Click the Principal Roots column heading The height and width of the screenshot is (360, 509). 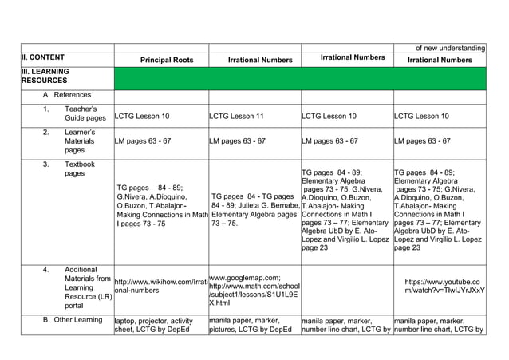point(167,60)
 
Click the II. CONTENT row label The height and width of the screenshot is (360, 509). point(43,58)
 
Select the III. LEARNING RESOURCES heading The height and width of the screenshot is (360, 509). point(45,77)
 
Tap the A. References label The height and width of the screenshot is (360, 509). point(67,95)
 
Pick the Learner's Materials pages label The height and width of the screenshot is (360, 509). point(80,140)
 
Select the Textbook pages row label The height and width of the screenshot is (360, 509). point(79,169)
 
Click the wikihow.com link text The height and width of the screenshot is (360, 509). point(161,287)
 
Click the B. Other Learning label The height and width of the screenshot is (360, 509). point(73,320)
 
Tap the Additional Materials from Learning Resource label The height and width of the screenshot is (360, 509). point(87,287)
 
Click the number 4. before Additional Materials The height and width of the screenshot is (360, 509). point(46,270)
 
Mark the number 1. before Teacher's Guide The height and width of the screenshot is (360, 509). point(46,109)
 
